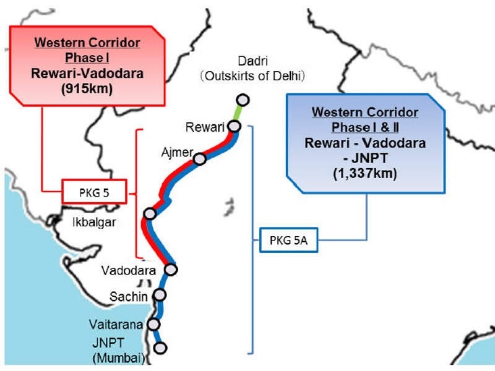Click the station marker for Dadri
243,100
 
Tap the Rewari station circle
235,126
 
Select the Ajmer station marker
199,159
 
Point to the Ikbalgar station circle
150,213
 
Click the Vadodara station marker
171,270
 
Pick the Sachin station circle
160,295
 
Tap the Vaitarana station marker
153,324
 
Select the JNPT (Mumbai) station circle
160,348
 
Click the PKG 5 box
94,192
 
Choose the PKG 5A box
288,240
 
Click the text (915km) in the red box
87,88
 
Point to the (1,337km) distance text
365,174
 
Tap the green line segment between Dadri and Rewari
239,113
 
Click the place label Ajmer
177,153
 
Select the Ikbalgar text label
94,222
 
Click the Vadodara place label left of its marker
129,270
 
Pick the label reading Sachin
129,297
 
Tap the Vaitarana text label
116,324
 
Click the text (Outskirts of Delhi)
252,75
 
